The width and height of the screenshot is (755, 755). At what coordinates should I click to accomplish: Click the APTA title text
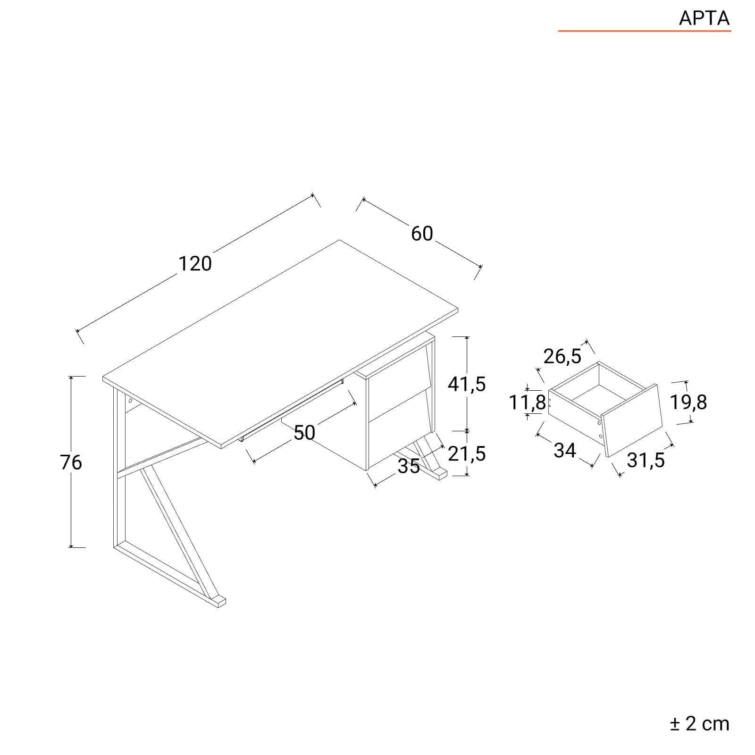coord(704,18)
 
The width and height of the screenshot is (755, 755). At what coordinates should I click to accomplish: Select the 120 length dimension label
coord(195,264)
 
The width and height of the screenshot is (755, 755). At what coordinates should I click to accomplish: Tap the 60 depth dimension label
coord(422,234)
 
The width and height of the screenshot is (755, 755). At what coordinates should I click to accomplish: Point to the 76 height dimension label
coord(71,462)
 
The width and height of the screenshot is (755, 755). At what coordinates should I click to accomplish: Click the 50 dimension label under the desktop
coord(304,433)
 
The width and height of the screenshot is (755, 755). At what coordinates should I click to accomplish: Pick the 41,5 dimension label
coord(467,385)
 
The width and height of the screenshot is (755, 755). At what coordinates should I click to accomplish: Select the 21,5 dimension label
coord(467,454)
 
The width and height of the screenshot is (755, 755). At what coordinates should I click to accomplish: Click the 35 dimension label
coord(409,466)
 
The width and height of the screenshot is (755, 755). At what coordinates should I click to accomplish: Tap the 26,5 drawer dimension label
coord(562,357)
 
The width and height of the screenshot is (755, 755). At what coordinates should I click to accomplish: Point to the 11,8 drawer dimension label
coord(527,403)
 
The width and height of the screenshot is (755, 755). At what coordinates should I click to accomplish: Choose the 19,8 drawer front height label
coord(688,403)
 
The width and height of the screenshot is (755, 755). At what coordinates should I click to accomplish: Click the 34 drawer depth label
coord(565,451)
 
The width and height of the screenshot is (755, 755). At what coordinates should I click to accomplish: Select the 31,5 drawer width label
coord(646,461)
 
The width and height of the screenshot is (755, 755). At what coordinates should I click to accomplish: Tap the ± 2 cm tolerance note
coord(700,723)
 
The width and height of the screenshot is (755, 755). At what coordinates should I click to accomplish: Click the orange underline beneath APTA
coord(645,31)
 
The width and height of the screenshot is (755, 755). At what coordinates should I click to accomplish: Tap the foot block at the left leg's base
coord(218,602)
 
